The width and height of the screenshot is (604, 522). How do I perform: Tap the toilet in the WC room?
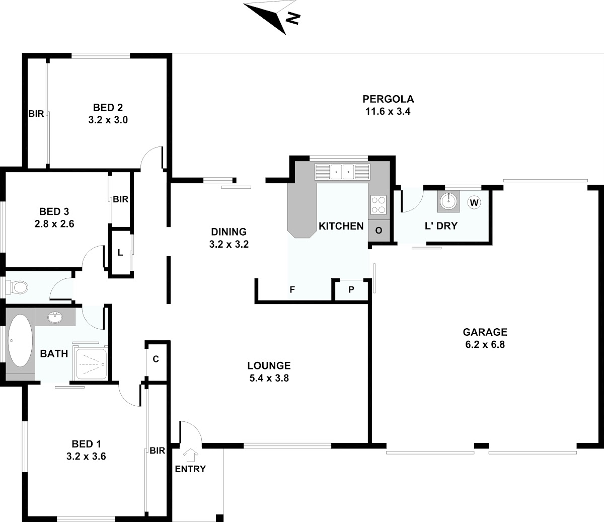(17, 287)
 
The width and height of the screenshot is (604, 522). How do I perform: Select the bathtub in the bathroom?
(20, 340)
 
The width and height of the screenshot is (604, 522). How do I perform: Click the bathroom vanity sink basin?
(55, 318)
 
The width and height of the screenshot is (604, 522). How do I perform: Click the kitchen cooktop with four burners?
(379, 204)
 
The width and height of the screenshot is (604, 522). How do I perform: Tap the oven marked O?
(379, 231)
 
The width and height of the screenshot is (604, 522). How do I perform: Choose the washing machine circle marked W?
(474, 202)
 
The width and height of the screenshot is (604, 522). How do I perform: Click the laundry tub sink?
(448, 201)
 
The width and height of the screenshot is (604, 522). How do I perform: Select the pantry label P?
(351, 289)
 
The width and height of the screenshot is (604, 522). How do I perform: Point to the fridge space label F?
(292, 289)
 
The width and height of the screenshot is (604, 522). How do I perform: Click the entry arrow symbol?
(191, 455)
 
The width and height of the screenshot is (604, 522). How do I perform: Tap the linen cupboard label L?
(120, 253)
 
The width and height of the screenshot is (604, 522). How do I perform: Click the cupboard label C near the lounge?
(156, 359)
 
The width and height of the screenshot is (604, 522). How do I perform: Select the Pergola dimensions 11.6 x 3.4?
(388, 111)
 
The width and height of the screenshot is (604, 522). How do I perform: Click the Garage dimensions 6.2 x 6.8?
(485, 344)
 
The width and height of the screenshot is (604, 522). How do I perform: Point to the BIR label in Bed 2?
(36, 114)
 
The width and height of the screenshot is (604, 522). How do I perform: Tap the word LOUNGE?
(269, 365)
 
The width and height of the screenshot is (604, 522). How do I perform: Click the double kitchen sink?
(342, 171)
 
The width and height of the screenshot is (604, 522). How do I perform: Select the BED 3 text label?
(54, 211)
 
